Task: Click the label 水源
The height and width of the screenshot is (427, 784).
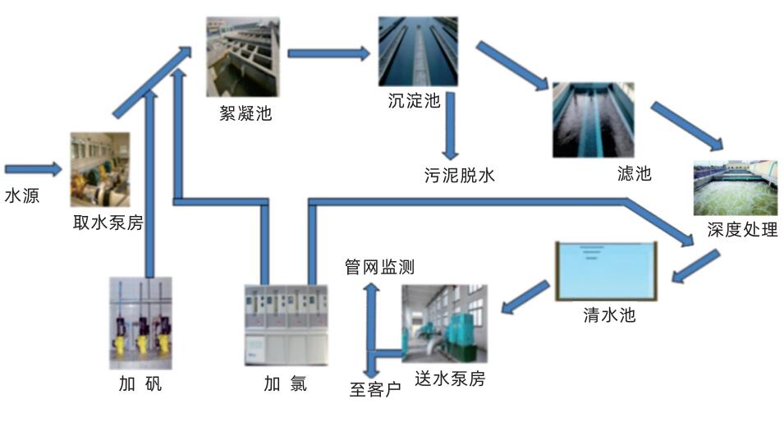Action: pos(21,197)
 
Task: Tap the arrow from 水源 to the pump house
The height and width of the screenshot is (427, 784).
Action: pos(33,170)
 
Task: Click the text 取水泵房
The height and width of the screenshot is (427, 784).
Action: pos(108,223)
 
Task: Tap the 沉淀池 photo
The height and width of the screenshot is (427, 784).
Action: pos(417,51)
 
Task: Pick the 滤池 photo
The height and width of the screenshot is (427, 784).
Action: pos(593,119)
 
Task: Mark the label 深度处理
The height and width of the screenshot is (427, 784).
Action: pos(741,230)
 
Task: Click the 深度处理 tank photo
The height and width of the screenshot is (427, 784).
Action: pos(735,188)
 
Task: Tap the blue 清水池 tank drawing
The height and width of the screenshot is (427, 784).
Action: pos(607,272)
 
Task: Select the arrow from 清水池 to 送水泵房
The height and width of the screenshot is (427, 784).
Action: pos(525,297)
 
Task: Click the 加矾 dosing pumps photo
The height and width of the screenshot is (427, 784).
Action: pos(140,323)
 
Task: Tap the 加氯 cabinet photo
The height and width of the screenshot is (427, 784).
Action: pos(286,324)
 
